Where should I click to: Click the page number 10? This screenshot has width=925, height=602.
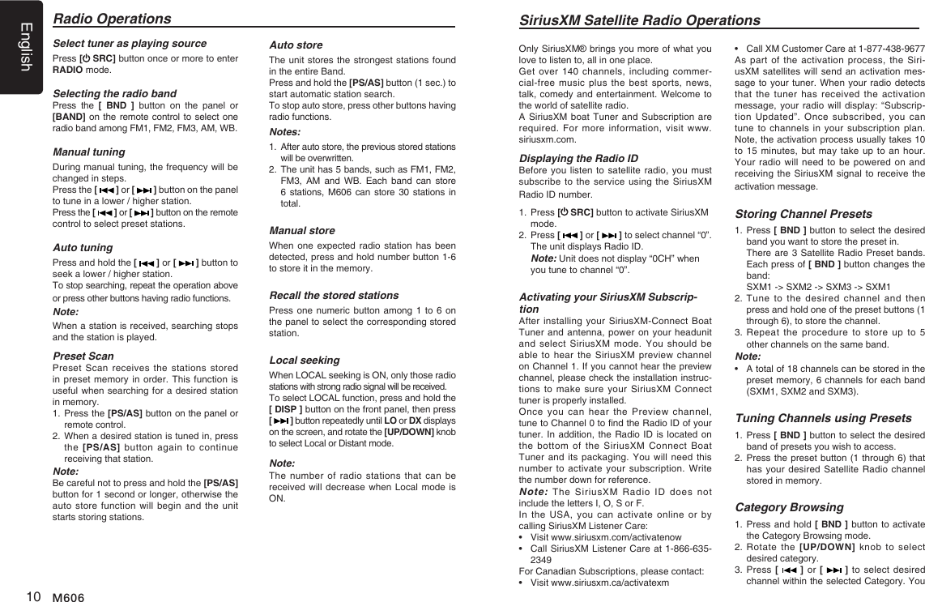[33, 596]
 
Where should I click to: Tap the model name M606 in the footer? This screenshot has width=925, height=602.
[69, 596]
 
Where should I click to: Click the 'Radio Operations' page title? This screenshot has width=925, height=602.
[112, 19]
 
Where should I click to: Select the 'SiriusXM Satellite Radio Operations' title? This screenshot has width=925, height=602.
[639, 20]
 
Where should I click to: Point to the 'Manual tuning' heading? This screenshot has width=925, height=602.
[89, 152]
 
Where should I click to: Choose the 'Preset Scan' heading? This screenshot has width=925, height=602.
[83, 356]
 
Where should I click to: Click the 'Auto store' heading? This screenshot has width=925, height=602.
[296, 45]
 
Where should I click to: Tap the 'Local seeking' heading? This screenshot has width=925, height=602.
[305, 360]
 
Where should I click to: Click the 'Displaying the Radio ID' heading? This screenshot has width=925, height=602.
[578, 158]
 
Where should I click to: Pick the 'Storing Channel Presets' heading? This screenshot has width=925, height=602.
[804, 214]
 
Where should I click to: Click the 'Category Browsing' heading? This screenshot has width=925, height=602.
[789, 507]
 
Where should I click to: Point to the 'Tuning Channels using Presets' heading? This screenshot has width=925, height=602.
[823, 418]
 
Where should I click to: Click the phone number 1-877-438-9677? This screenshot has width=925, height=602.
[888, 49]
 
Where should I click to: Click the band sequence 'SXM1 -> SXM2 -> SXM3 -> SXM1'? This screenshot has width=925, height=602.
[818, 287]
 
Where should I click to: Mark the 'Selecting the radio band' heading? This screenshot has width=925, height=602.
[114, 93]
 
